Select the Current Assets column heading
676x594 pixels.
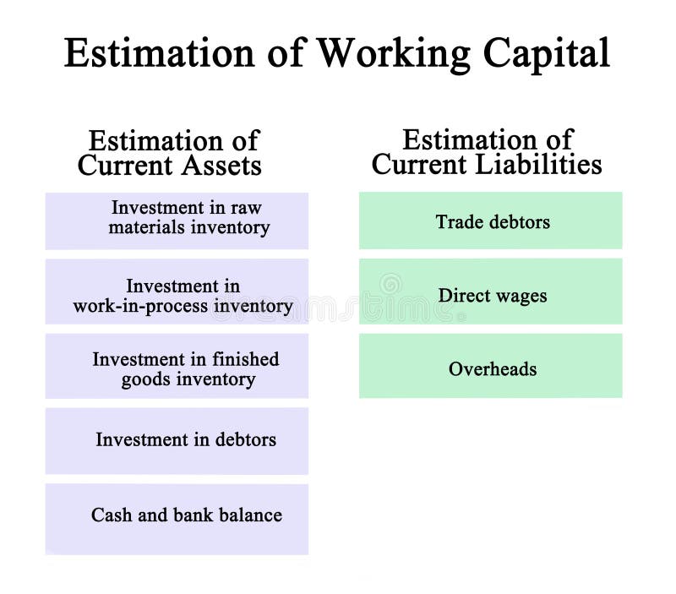170,153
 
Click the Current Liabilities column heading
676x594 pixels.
487,152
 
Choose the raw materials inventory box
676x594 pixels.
177,221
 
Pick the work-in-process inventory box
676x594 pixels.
177,292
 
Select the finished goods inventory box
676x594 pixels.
177,366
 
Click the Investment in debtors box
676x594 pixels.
177,440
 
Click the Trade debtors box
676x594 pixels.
490,221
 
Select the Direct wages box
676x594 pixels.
490,292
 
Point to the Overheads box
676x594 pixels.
490,366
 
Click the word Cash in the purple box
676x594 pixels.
111,515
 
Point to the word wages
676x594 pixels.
522,297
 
